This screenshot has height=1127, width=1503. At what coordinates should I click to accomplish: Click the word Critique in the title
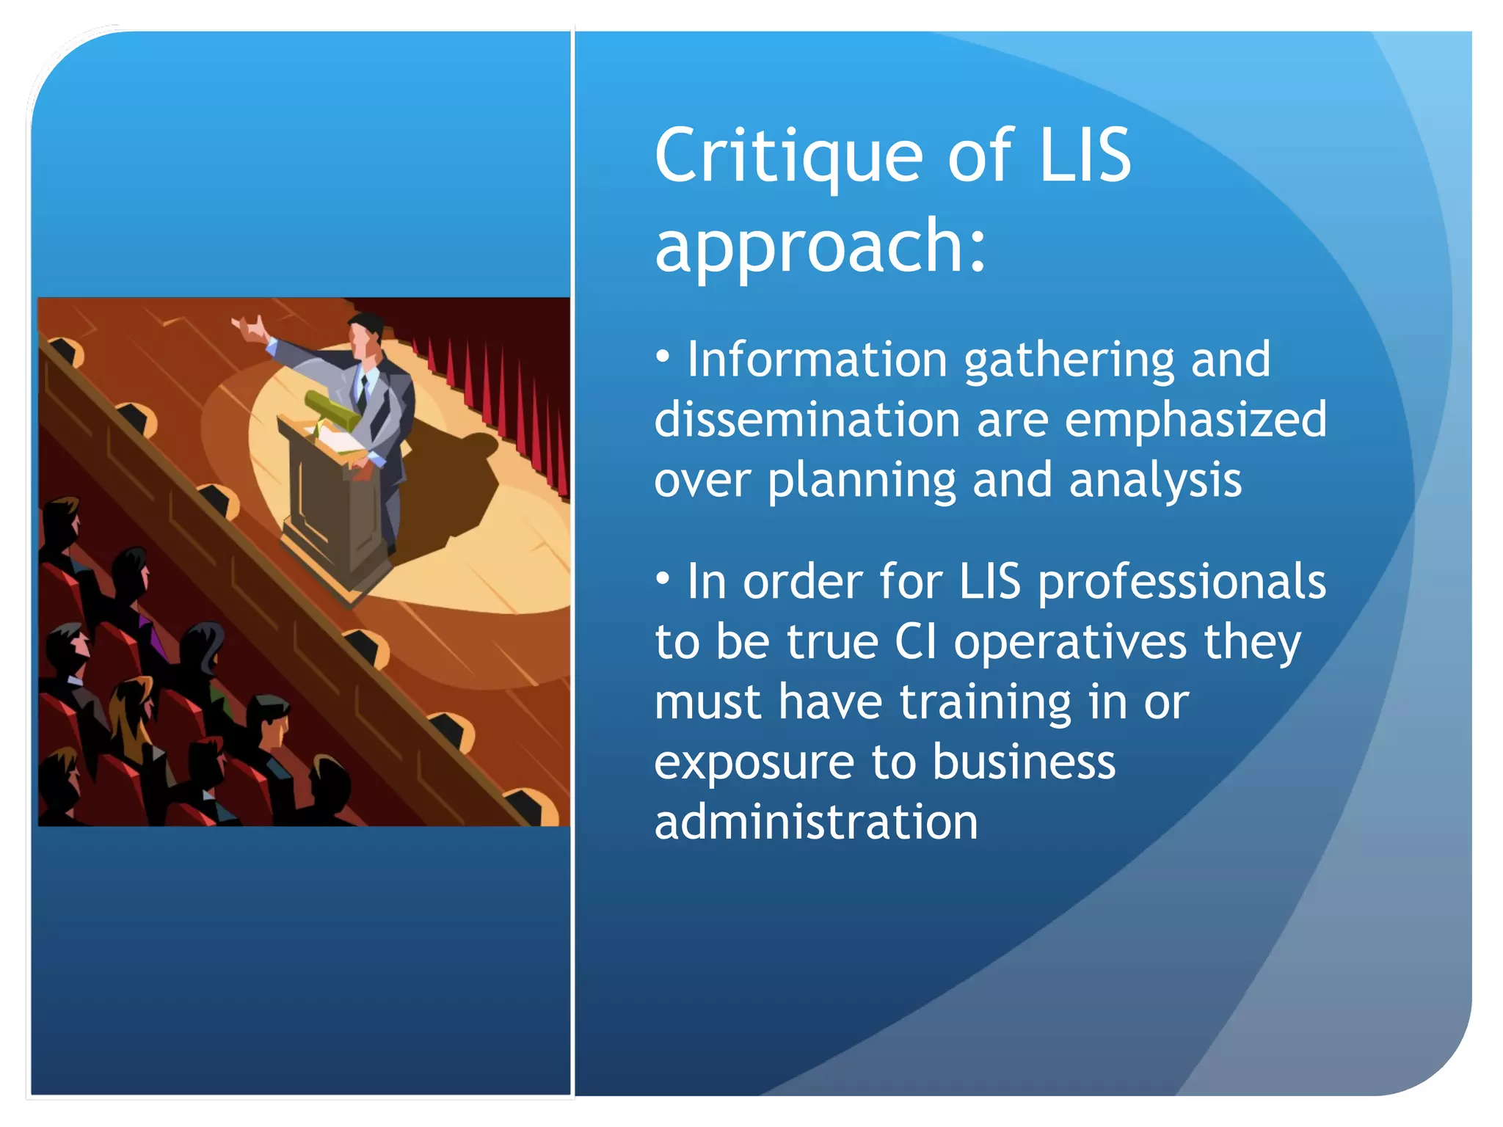point(788,156)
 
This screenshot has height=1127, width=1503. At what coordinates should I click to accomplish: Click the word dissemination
point(807,420)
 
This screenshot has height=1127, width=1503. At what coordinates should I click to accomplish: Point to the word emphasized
point(1196,420)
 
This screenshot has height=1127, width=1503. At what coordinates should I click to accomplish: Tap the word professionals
point(1182,583)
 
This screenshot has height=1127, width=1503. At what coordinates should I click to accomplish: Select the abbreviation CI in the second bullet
point(915,642)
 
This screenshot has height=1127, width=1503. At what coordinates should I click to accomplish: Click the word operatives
point(1070,642)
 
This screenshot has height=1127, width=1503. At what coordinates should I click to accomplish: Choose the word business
point(1024,762)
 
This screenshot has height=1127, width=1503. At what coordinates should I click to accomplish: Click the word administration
point(816,822)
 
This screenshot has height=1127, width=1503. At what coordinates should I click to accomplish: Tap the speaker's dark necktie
point(363,393)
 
